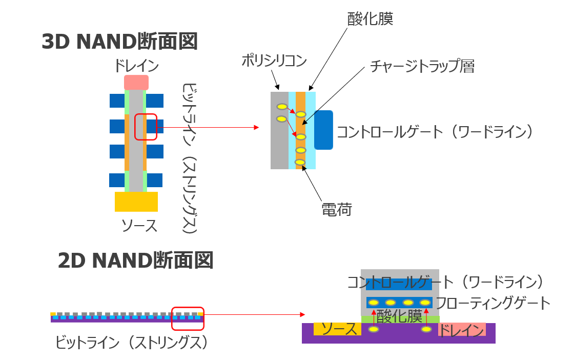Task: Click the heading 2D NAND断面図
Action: pos(135,261)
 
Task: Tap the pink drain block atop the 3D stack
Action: pos(136,83)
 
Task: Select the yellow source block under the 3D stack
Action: pos(136,202)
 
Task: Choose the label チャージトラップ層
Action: pos(422,66)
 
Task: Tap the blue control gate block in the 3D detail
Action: pos(323,130)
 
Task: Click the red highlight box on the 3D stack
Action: pos(146,127)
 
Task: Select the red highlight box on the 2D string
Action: pos(188,318)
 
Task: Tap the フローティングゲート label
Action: pos(493,303)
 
